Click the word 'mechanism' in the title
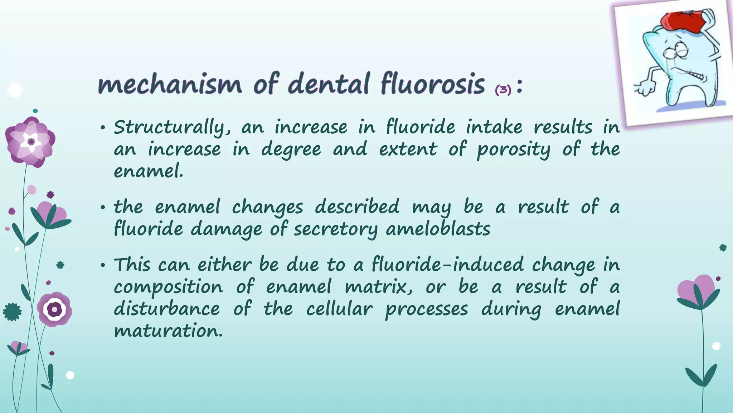170,84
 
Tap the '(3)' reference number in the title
503,90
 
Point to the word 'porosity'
513,150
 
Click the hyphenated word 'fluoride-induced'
447,265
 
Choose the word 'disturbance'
167,309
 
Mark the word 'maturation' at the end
168,331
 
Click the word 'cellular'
339,309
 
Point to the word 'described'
357,207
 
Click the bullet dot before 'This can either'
103,266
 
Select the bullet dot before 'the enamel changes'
103,208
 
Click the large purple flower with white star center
30,142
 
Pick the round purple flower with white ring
54,309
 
